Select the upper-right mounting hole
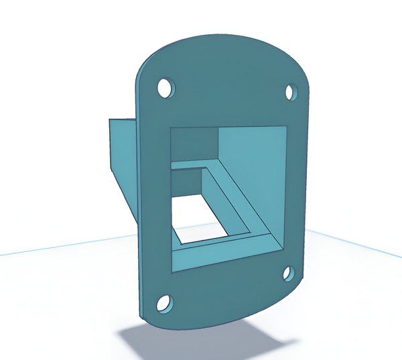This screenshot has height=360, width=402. pos(291,91)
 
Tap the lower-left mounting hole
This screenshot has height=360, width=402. pos(163,303)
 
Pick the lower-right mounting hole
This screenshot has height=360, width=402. pos(288,273)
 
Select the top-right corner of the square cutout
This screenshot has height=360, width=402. pos(289,123)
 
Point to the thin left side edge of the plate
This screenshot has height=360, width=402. pos(138,201)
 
